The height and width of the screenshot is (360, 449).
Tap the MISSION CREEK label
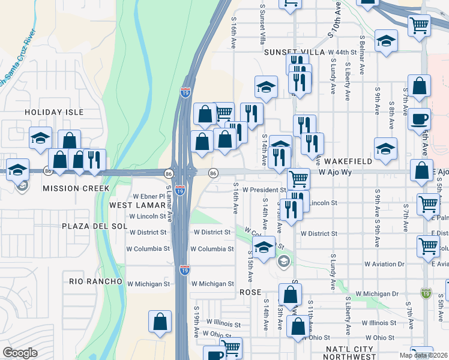pos(76,188)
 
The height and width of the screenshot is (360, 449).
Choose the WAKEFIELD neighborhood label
pos(349,162)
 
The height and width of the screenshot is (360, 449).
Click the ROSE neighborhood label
pos(251,292)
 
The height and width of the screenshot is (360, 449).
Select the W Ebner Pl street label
pos(148,196)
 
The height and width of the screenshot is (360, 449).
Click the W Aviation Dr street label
pos(384,264)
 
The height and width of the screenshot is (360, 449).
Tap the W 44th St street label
pos(342,53)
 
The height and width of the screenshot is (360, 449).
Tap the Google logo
pos(20,353)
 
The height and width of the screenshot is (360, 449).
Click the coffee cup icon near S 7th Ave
pos(420,118)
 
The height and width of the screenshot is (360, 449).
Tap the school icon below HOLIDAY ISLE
pos(41,137)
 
